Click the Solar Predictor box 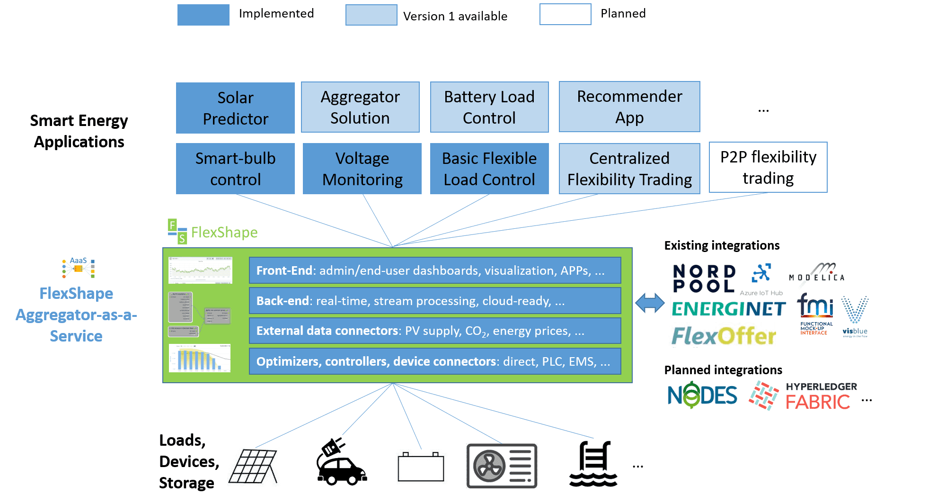pos(235,108)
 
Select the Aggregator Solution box pos(360,107)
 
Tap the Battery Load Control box pos(489,107)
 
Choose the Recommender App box pos(629,107)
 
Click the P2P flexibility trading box pos(768,167)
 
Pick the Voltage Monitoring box pos(362,169)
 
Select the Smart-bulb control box pos(235,169)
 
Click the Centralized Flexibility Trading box pos(629,169)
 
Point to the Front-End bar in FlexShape pos(435,270)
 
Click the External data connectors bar pos(435,331)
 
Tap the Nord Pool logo pos(704,279)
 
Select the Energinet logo pos(728,308)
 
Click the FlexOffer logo pos(722,335)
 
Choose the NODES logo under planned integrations pos(702,395)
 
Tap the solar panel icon pos(255,468)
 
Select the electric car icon pos(340,463)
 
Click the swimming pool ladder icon pos(593,464)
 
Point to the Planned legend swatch pos(565,14)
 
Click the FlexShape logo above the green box pos(210,232)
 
